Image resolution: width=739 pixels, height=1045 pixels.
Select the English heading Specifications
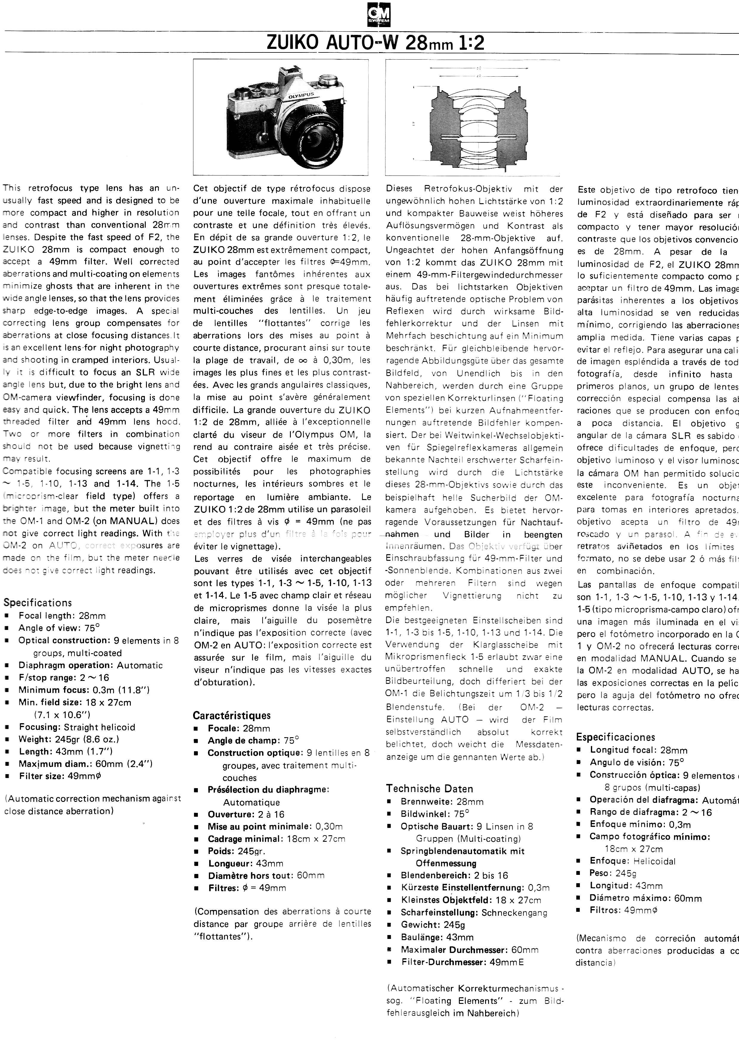click(38, 603)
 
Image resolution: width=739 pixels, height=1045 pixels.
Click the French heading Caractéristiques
click(232, 715)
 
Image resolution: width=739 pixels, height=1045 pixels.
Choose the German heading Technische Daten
click(430, 789)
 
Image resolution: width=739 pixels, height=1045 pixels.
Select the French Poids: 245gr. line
click(237, 851)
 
